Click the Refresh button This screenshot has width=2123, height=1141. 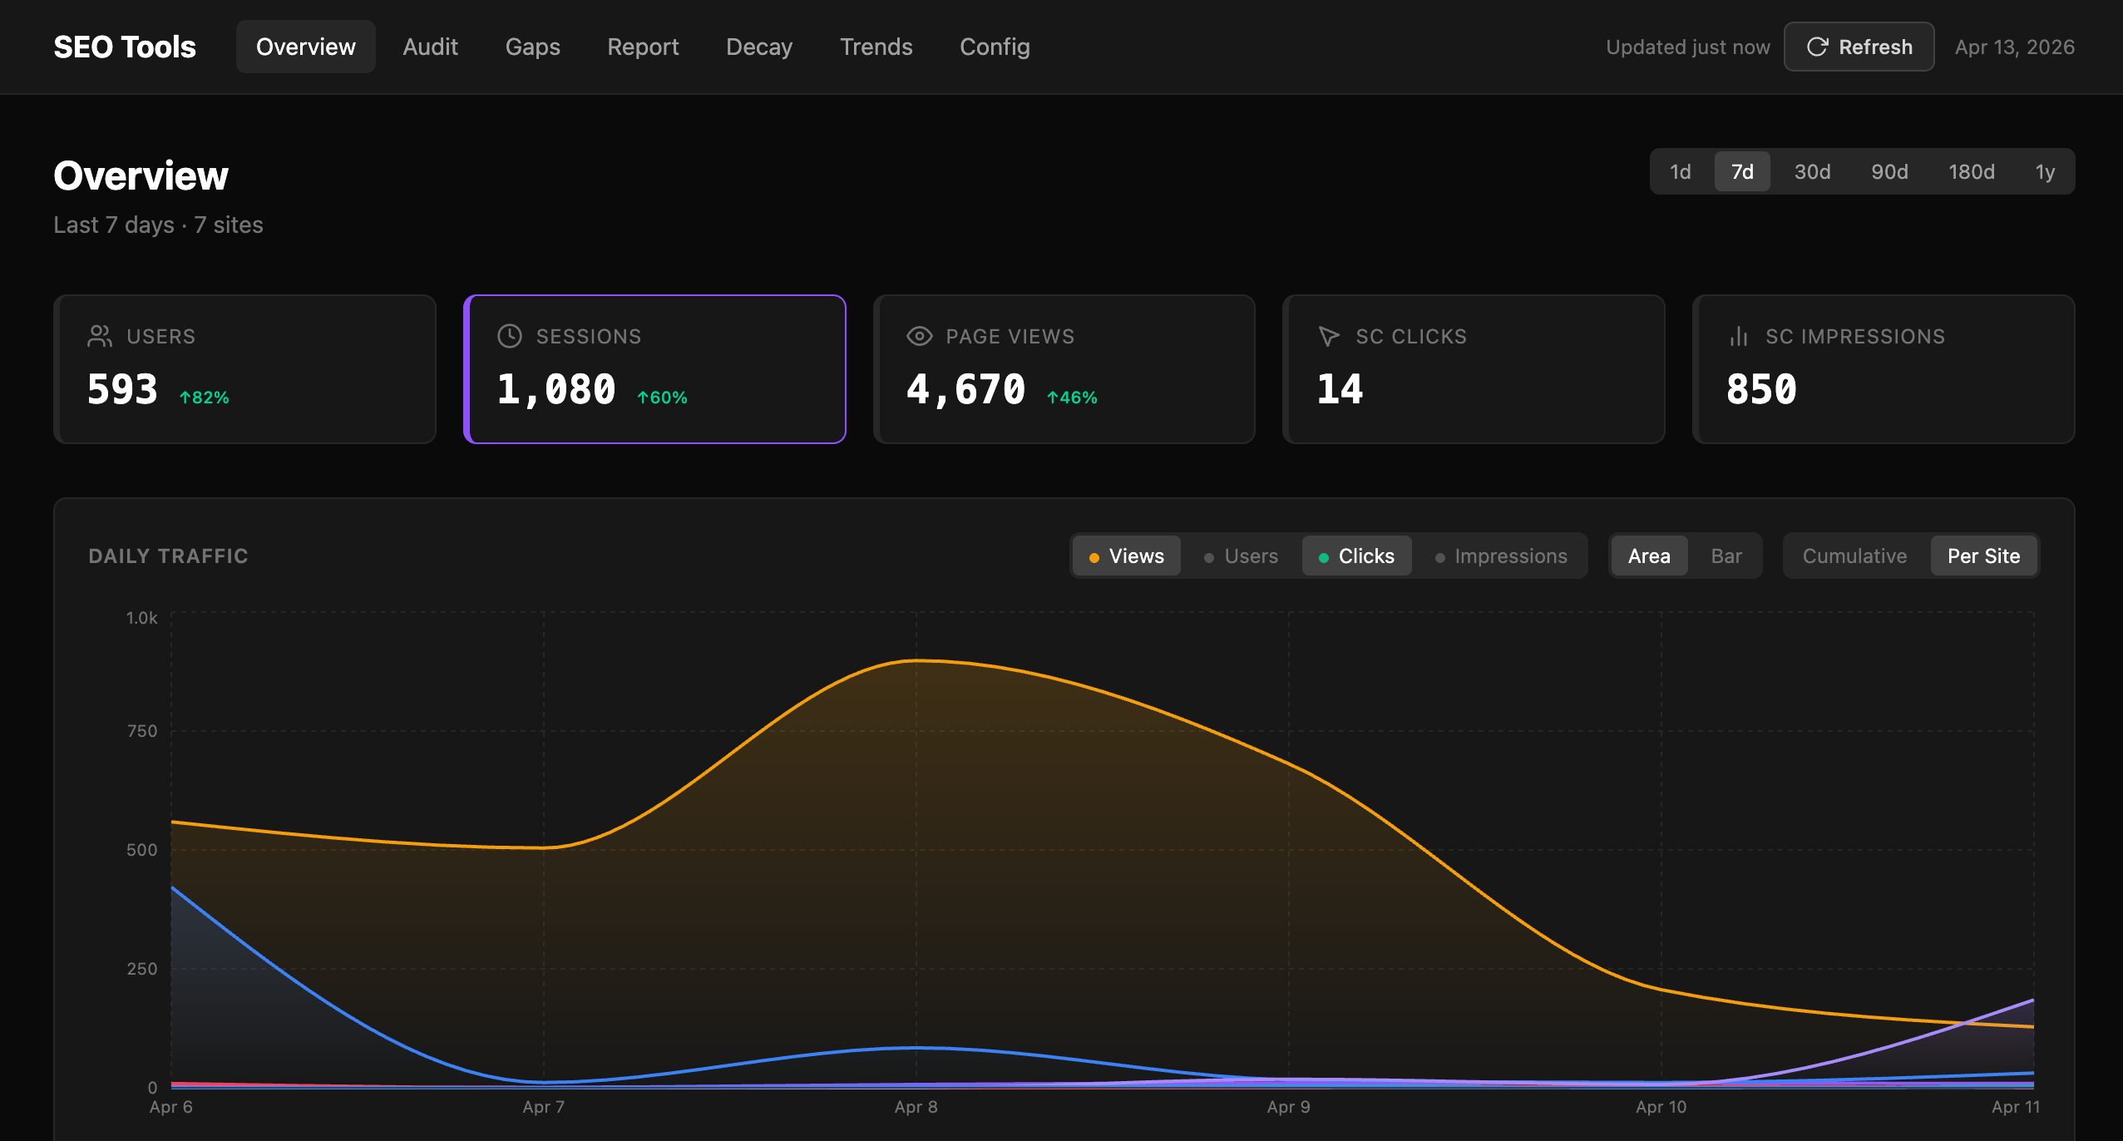coord(1859,47)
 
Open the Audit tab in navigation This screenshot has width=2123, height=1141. coord(430,47)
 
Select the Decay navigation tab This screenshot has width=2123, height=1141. coord(758,47)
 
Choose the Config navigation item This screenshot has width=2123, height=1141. coord(995,47)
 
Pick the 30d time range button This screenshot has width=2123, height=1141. coord(1812,171)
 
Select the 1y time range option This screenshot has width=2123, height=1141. coord(2045,171)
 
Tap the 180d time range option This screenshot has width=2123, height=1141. coord(1971,171)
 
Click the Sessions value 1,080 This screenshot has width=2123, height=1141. coord(555,389)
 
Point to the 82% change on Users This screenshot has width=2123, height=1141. coord(205,398)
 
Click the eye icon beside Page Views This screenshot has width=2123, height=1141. coord(919,336)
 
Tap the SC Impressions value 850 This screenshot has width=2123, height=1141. coord(1761,389)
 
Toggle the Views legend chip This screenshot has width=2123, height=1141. coord(1127,556)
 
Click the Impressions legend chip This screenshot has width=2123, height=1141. coord(1501,556)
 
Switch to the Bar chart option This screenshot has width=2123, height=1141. coord(1726,556)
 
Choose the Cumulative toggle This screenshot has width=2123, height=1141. coord(1854,556)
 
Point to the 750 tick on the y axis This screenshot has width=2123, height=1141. coord(141,731)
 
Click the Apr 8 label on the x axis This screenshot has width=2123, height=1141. coord(916,1107)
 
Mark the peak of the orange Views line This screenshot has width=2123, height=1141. coord(916,660)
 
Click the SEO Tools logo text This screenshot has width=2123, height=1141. coord(125,47)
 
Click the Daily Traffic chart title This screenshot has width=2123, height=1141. coord(168,556)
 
